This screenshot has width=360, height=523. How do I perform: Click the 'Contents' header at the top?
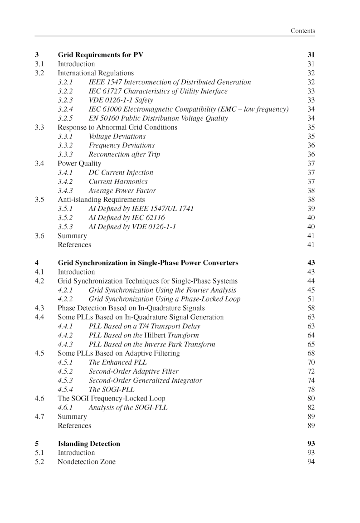302,31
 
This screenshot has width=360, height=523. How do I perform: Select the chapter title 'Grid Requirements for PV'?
100,55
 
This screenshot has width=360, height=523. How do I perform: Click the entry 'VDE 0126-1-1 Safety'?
121,100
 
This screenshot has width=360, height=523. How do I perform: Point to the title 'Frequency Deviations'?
122,146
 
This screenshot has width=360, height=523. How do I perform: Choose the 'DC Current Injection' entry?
121,172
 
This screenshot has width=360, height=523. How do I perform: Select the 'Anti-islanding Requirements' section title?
101,200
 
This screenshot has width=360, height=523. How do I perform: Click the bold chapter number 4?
37,263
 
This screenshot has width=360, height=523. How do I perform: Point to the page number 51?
311,299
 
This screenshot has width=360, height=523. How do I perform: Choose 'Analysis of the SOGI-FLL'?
128,407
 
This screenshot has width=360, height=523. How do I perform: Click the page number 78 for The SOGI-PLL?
311,389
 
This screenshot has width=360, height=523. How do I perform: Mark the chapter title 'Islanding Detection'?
89,444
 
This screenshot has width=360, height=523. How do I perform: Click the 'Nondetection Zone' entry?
87,462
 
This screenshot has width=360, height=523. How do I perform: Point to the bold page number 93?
311,444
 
